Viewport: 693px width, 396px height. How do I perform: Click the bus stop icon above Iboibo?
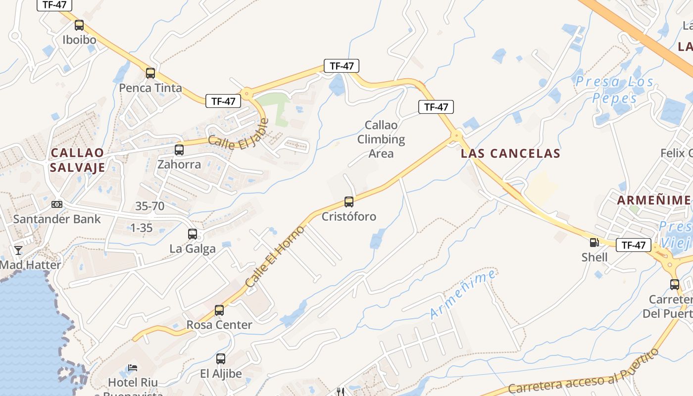[x=79, y=25]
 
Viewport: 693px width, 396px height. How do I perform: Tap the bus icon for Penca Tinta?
[x=150, y=73]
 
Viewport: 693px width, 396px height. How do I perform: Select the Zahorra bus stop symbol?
[x=179, y=149]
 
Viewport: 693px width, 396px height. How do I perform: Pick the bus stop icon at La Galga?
[x=193, y=234]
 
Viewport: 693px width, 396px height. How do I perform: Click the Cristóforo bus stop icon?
[x=349, y=201]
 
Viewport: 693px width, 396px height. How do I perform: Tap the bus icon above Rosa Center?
[x=219, y=310]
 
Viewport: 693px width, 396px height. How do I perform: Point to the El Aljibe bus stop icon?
[x=221, y=359]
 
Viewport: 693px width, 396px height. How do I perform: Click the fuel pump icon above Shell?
[x=594, y=243]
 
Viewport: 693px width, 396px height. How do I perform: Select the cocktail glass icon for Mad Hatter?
[x=18, y=250]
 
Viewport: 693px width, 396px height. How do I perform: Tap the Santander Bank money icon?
[x=57, y=204]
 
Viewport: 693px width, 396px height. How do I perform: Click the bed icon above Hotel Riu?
[x=133, y=368]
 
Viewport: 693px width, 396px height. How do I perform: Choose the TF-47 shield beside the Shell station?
[x=633, y=245]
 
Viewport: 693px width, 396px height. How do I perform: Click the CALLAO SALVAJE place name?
[x=77, y=160]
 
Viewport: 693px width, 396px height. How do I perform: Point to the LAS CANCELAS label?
[x=510, y=153]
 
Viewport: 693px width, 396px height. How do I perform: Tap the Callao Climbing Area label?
[x=381, y=139]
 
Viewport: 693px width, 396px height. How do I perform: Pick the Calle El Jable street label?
[x=238, y=135]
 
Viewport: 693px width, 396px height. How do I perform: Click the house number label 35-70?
[x=150, y=206]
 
